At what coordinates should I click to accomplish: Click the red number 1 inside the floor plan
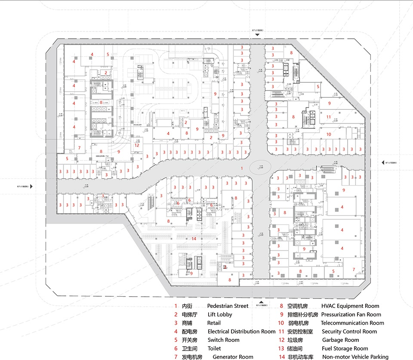point(242,168)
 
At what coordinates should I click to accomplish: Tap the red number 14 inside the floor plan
point(194,239)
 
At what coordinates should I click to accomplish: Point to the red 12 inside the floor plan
point(137,145)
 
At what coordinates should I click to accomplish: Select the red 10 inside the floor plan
point(329,134)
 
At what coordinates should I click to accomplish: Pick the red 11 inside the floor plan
point(328,117)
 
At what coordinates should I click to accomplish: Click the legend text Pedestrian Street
point(228,306)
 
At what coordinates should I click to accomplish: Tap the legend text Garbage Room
point(340,340)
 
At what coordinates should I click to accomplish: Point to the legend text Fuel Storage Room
point(345,348)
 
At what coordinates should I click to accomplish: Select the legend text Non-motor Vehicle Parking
point(355,357)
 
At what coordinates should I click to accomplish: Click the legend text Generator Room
point(233,357)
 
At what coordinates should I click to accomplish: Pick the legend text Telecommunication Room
point(352,323)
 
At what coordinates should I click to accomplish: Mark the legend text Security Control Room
point(349,332)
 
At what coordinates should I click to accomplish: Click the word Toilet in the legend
point(214,348)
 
